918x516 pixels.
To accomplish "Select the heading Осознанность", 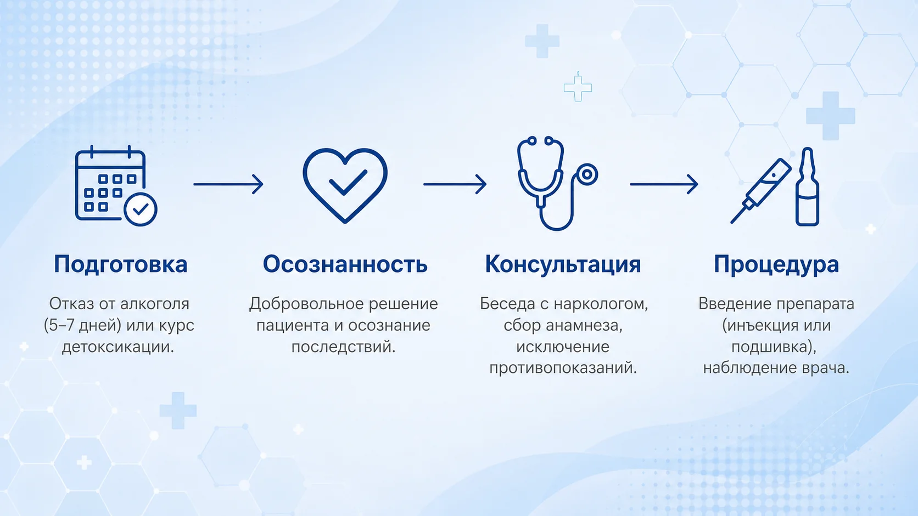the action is [x=345, y=264].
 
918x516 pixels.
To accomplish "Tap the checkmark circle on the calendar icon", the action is [x=141, y=209].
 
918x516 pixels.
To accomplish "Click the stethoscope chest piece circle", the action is [x=587, y=175].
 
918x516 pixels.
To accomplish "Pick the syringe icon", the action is [x=760, y=191].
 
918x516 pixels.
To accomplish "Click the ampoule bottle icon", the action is [x=807, y=186].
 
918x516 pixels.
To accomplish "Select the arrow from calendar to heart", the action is [x=228, y=184].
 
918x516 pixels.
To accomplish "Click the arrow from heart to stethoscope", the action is [x=455, y=184].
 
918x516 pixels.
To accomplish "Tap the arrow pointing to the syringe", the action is [x=664, y=184].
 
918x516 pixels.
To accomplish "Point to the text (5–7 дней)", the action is [x=82, y=326].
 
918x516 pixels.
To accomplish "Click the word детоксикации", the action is [x=118, y=347].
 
